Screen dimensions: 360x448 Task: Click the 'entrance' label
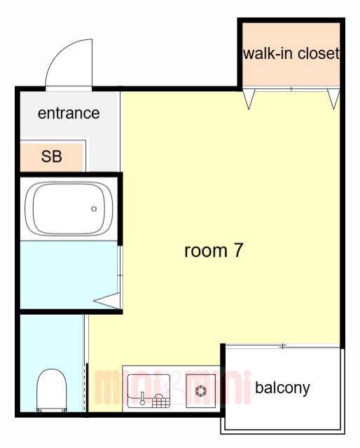click(x=69, y=113)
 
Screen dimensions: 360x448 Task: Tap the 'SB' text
click(x=51, y=156)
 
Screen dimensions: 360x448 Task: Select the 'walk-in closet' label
click(x=291, y=53)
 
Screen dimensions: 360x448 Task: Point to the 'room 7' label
click(x=214, y=250)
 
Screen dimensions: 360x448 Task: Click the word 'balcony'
click(x=282, y=388)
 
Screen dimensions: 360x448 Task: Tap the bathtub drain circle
click(x=94, y=209)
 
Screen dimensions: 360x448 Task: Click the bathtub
click(x=69, y=208)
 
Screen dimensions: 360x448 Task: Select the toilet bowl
click(x=52, y=391)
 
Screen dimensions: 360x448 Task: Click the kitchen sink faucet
click(x=142, y=399)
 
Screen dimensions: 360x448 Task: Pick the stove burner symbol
click(x=201, y=391)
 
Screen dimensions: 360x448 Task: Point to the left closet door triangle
click(x=249, y=99)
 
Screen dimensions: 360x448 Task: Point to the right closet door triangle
click(x=333, y=99)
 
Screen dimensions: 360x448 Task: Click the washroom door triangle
click(x=107, y=301)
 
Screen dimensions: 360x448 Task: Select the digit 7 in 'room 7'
click(x=238, y=250)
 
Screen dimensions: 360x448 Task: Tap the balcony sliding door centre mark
click(x=282, y=346)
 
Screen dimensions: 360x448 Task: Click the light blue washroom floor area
click(x=69, y=275)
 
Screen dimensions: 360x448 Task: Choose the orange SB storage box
click(x=51, y=156)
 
